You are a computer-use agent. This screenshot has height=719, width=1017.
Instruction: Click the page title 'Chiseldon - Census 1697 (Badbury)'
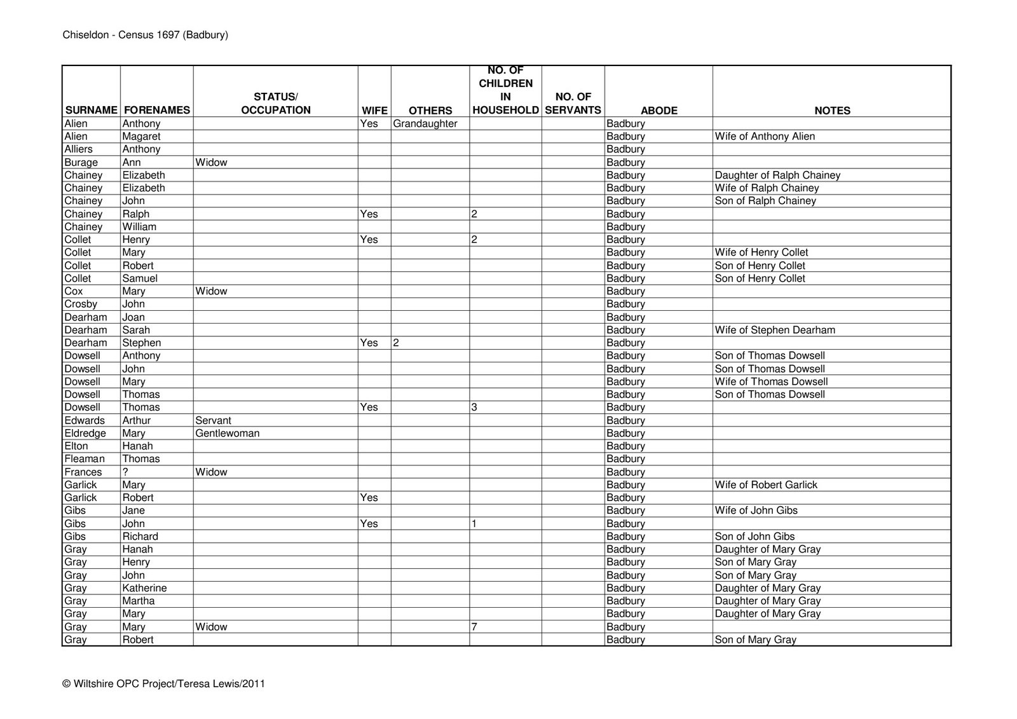[145, 35]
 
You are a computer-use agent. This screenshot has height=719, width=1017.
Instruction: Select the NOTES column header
[832, 111]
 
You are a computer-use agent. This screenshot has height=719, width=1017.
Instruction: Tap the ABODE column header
[659, 111]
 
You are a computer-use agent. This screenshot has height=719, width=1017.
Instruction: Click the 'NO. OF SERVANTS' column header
[573, 104]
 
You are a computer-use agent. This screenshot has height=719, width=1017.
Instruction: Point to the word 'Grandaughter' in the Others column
[425, 124]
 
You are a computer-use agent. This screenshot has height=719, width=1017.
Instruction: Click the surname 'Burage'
[81, 162]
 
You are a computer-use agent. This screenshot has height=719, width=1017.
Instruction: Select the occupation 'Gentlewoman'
[228, 434]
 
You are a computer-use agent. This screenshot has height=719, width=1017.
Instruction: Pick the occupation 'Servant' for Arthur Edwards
[213, 420]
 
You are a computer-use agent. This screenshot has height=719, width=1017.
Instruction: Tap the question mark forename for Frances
[126, 472]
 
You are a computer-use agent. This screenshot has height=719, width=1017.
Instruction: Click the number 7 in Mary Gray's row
[474, 627]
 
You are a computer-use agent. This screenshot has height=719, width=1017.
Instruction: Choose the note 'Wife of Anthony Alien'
[765, 137]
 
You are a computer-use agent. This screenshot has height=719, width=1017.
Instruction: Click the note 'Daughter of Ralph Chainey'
[777, 175]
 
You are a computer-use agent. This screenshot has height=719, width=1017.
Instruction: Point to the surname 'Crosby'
[81, 304]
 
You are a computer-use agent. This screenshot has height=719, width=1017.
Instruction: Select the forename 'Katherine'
[144, 588]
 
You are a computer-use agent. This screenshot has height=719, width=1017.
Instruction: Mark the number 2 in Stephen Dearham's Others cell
[396, 343]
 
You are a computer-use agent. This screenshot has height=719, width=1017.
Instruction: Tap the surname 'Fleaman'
[85, 459]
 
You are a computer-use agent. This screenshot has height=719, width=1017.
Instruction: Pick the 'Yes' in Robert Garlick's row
[369, 498]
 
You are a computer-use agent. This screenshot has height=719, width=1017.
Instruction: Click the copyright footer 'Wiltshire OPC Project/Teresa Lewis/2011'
[163, 684]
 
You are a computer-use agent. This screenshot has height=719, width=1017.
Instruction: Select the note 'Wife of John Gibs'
[756, 510]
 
